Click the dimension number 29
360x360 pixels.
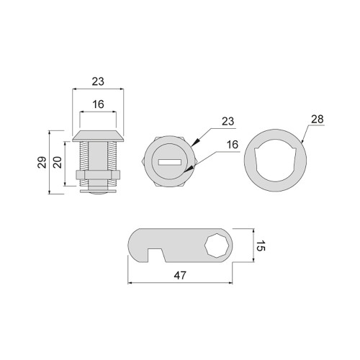[x=42, y=162]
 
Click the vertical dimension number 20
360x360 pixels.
[x=58, y=162]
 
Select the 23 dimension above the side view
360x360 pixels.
[x=98, y=81]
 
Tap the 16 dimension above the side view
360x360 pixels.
[x=98, y=104]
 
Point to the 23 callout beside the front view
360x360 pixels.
[x=228, y=122]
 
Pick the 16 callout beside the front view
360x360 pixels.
[x=233, y=145]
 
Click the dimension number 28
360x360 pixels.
[x=318, y=120]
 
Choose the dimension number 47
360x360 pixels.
[x=180, y=276]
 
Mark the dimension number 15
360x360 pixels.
[x=261, y=246]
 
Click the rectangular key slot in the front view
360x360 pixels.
[x=169, y=163]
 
